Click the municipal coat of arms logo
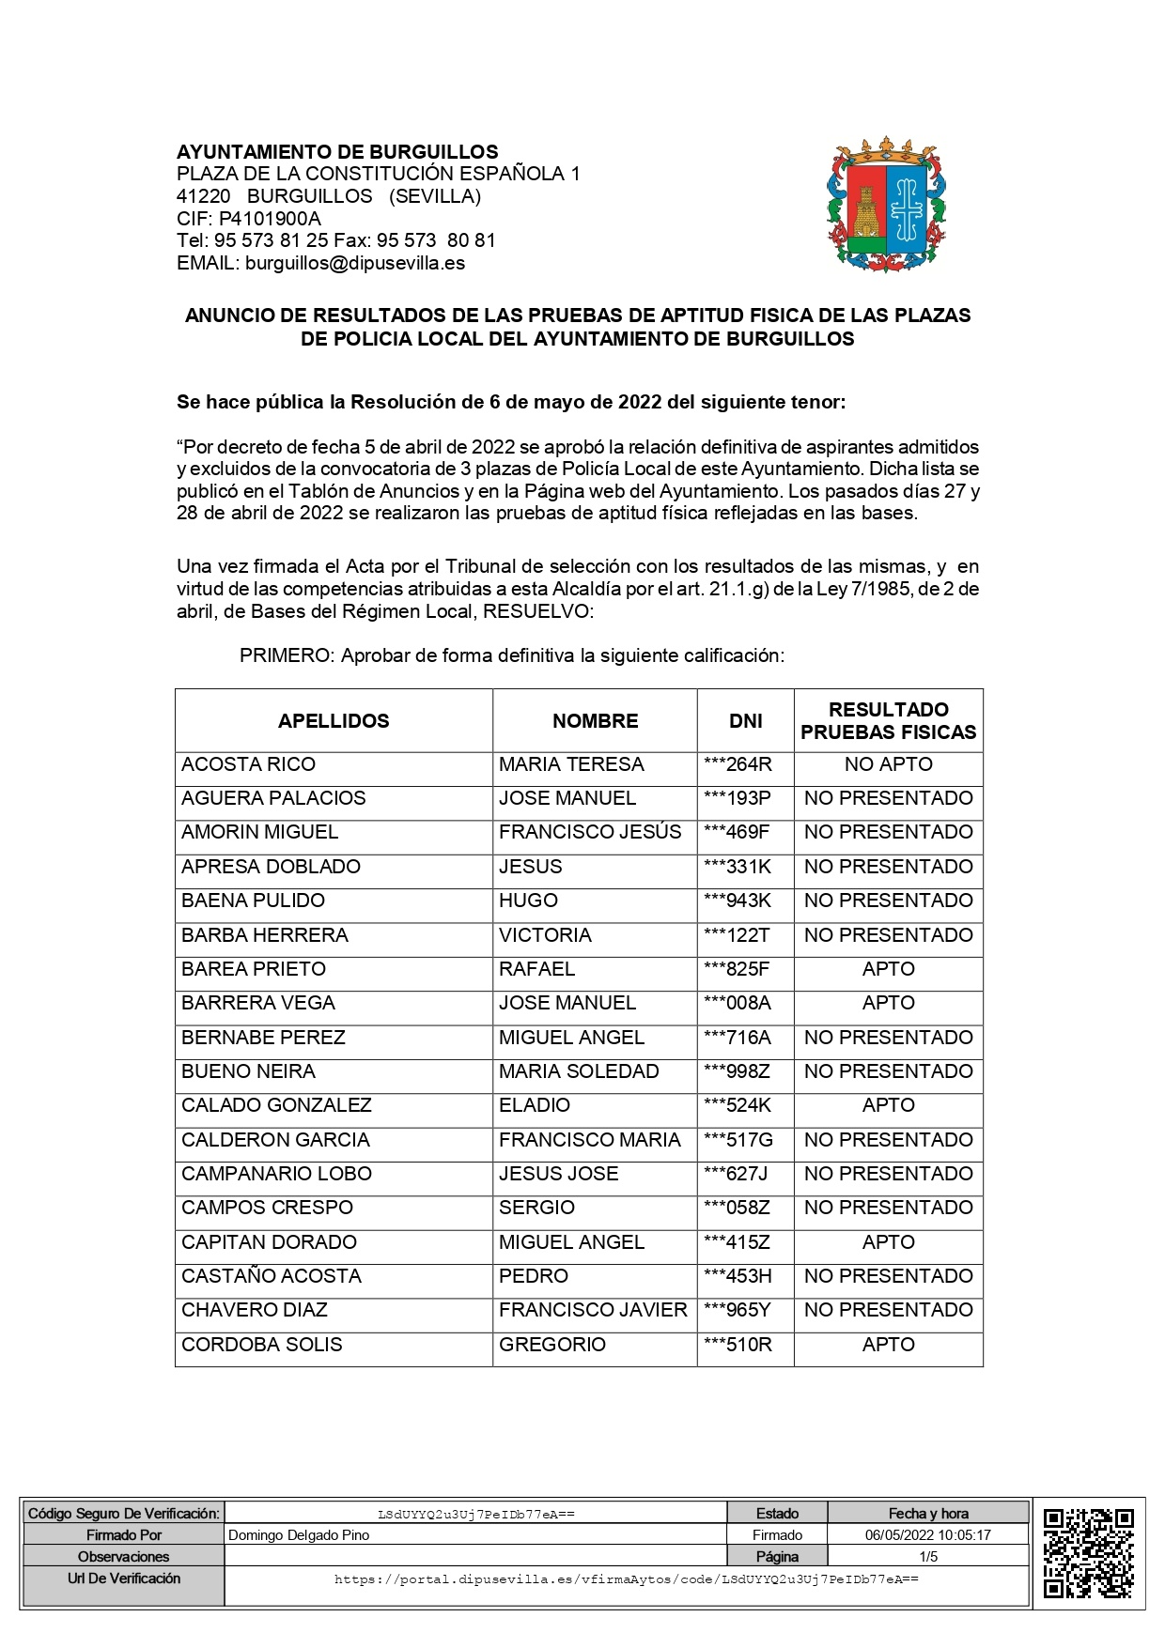point(886,206)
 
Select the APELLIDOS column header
point(334,721)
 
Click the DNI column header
point(746,721)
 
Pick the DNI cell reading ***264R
point(738,764)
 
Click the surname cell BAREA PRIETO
point(254,969)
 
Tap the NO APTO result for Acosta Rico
point(888,764)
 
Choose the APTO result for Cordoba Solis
point(888,1345)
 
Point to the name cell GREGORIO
point(552,1345)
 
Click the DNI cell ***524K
point(738,1105)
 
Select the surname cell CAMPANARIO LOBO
point(276,1174)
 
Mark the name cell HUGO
point(528,901)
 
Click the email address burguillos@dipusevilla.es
point(355,264)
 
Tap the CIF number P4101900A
point(270,219)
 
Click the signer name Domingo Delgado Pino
point(299,1535)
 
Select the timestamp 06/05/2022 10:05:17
point(927,1535)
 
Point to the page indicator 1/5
point(928,1556)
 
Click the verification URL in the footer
point(626,1579)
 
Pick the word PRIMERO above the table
point(286,656)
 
